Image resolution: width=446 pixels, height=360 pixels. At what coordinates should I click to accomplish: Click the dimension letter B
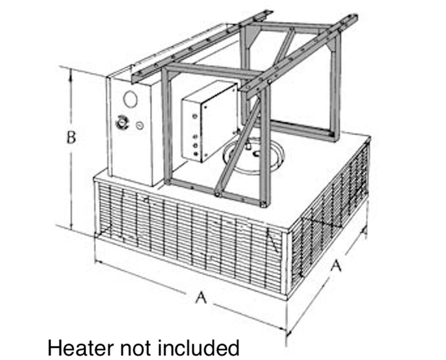pyautogui.click(x=71, y=137)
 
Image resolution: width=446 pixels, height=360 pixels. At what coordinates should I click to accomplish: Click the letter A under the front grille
pyautogui.click(x=201, y=298)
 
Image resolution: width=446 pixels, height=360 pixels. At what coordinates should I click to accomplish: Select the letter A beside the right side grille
pyautogui.click(x=337, y=266)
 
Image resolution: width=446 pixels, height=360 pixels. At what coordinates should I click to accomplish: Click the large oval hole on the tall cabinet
pyautogui.click(x=131, y=99)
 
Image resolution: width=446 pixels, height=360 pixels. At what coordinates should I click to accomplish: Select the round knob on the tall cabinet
pyautogui.click(x=122, y=123)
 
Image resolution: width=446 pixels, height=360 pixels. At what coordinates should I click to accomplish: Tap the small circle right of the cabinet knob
pyautogui.click(x=139, y=125)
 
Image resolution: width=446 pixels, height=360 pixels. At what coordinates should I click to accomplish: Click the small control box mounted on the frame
pyautogui.click(x=209, y=121)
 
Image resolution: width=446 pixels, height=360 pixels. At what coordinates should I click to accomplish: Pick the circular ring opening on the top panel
pyautogui.click(x=253, y=156)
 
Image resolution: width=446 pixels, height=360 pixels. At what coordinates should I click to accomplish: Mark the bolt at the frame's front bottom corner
pyautogui.click(x=264, y=204)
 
